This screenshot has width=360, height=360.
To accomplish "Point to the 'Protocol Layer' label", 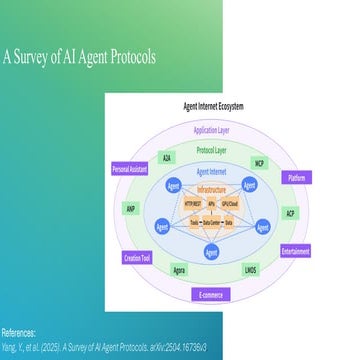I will pyautogui.click(x=211, y=150).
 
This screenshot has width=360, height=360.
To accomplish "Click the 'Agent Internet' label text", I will pyautogui.click(x=211, y=171).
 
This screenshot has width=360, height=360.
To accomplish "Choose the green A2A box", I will pyautogui.click(x=166, y=158).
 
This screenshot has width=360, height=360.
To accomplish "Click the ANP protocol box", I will pyautogui.click(x=131, y=209).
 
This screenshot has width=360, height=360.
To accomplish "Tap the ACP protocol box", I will pyautogui.click(x=290, y=214).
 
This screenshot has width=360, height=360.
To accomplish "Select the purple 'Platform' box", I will pyautogui.click(x=297, y=177).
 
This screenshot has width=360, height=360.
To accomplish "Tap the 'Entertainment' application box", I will pyautogui.click(x=295, y=251).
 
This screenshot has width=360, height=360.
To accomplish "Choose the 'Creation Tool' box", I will pyautogui.click(x=137, y=258).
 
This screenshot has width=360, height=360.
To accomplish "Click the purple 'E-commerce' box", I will pyautogui.click(x=211, y=294).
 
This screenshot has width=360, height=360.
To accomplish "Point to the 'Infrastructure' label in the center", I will pyautogui.click(x=211, y=189).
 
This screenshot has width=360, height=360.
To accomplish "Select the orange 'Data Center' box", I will pyautogui.click(x=212, y=223).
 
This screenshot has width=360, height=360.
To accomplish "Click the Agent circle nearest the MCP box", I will pyautogui.click(x=250, y=185).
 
